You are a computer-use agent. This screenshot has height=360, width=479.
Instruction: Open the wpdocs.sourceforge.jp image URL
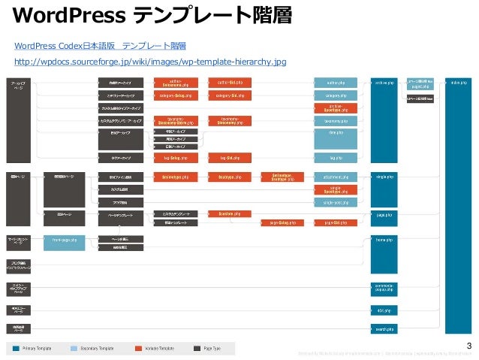(155, 62)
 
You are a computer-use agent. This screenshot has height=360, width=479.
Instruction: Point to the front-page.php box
(65, 240)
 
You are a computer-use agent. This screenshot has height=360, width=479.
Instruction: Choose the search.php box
(384, 328)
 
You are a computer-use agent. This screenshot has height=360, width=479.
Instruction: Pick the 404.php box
(384, 310)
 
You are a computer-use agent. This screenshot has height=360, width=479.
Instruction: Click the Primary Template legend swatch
(15, 349)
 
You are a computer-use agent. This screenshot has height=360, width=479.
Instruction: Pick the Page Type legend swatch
(197, 349)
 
